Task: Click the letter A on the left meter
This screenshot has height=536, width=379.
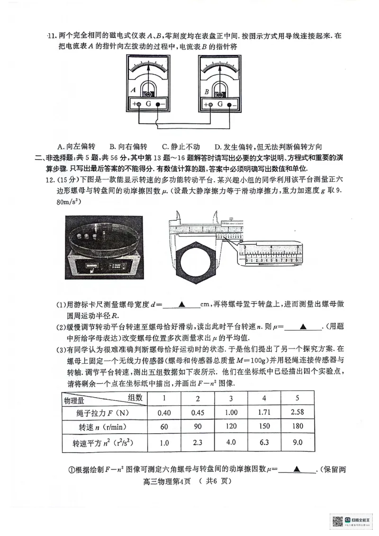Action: click(134, 89)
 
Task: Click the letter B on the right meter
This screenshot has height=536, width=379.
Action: click(207, 91)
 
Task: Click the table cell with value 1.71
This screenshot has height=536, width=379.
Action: click(264, 412)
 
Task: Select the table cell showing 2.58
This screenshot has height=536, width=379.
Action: click(297, 412)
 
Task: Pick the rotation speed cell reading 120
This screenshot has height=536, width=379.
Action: click(231, 426)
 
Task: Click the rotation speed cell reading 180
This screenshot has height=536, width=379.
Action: click(297, 426)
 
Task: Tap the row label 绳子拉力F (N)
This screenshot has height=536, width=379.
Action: click(97, 412)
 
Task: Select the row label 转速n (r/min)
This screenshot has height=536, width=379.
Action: click(97, 427)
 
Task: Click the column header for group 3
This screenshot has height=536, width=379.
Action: click(231, 398)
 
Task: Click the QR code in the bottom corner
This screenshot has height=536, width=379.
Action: click(337, 521)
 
